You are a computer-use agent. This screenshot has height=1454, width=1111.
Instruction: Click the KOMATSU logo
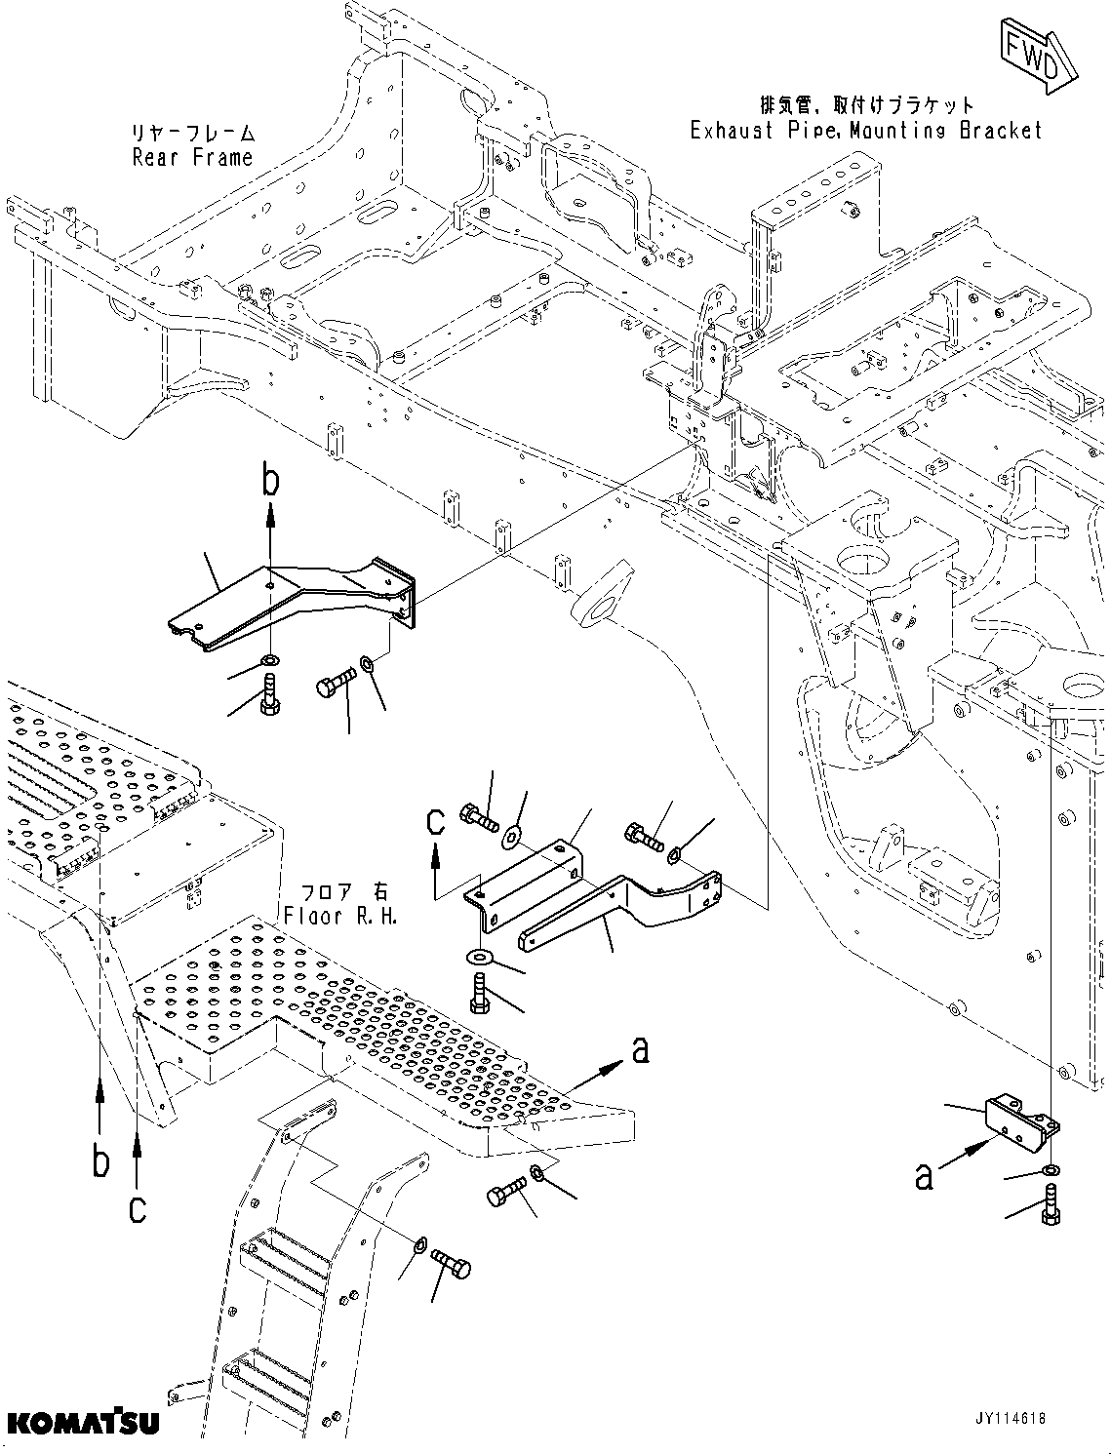(x=81, y=1423)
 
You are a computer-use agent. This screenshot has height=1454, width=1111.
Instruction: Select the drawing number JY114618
(x=996, y=1418)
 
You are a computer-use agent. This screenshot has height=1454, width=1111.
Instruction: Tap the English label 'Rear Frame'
(x=192, y=158)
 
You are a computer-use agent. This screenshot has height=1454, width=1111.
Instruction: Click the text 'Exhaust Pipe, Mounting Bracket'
(x=866, y=131)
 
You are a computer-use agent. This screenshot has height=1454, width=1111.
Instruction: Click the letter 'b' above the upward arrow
(x=271, y=480)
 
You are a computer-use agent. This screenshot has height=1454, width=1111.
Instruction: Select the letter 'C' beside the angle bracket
(x=435, y=821)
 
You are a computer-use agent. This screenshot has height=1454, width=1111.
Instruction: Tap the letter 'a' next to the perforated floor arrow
(x=640, y=1049)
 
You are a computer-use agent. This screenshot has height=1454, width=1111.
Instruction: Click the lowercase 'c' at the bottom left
(x=138, y=1209)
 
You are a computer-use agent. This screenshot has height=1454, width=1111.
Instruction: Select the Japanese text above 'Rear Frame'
(x=192, y=133)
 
